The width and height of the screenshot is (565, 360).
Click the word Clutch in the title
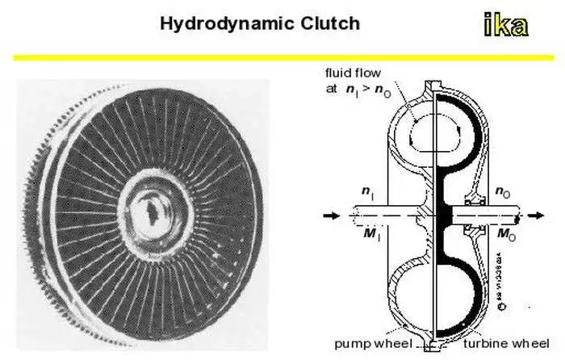pyautogui.click(x=330, y=23)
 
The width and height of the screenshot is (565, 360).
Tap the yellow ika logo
pyautogui.click(x=506, y=25)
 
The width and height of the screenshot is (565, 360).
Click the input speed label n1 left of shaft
pyautogui.click(x=367, y=195)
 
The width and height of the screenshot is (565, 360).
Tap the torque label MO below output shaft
pyautogui.click(x=504, y=235)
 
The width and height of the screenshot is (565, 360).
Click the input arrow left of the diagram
pyautogui.click(x=330, y=216)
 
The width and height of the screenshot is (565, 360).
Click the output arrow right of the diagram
pyautogui.click(x=534, y=216)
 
